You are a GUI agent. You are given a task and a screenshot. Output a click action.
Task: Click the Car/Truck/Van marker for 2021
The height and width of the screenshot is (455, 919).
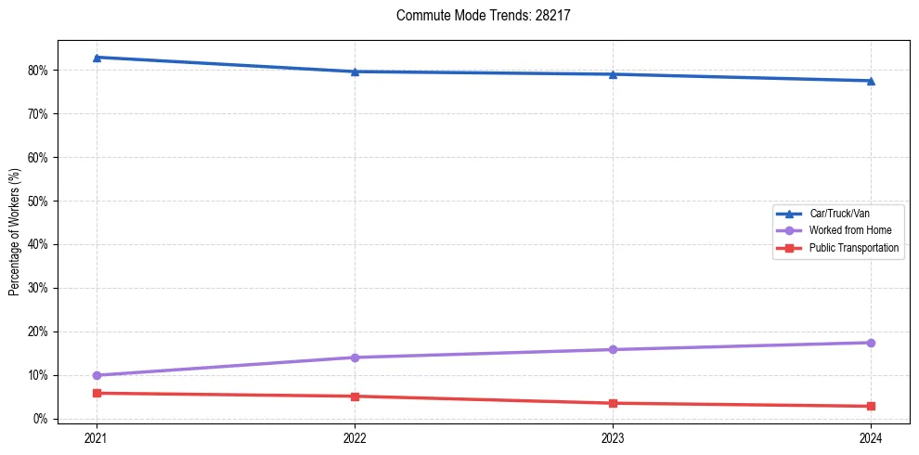[97, 58]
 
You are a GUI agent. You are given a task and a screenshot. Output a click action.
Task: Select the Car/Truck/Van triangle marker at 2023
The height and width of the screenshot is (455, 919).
[613, 74]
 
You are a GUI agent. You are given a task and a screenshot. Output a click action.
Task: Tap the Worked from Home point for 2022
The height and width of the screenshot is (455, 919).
[355, 357]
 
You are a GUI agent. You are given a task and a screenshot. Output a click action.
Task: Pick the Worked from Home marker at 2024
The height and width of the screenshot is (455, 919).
[871, 343]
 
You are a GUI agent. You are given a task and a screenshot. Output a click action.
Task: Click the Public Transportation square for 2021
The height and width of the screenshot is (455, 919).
[97, 393]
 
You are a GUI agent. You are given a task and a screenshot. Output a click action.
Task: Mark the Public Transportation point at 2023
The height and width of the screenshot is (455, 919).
[613, 403]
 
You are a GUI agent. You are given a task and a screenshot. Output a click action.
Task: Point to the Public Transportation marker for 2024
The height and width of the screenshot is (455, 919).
[871, 406]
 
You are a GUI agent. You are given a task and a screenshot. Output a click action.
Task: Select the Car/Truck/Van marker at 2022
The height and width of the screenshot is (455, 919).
[355, 71]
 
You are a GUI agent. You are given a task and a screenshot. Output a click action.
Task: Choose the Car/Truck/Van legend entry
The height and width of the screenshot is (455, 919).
[838, 214]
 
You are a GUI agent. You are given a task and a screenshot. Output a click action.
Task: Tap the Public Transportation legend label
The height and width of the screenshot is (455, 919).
[853, 248]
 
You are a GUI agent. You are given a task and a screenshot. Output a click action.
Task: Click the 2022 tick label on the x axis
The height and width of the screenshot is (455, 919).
[355, 437]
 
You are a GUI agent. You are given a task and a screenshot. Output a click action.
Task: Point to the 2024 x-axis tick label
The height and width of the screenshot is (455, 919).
[871, 437]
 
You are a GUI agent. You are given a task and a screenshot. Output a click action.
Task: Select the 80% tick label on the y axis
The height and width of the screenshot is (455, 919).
[38, 71]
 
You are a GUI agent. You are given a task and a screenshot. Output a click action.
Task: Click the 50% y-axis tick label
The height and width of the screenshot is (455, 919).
[38, 201]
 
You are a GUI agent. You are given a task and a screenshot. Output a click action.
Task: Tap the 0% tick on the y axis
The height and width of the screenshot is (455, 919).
[41, 419]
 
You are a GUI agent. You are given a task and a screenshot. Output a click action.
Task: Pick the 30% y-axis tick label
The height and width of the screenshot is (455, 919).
[38, 288]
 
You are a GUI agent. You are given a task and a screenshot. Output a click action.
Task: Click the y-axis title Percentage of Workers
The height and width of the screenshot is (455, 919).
[15, 232]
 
